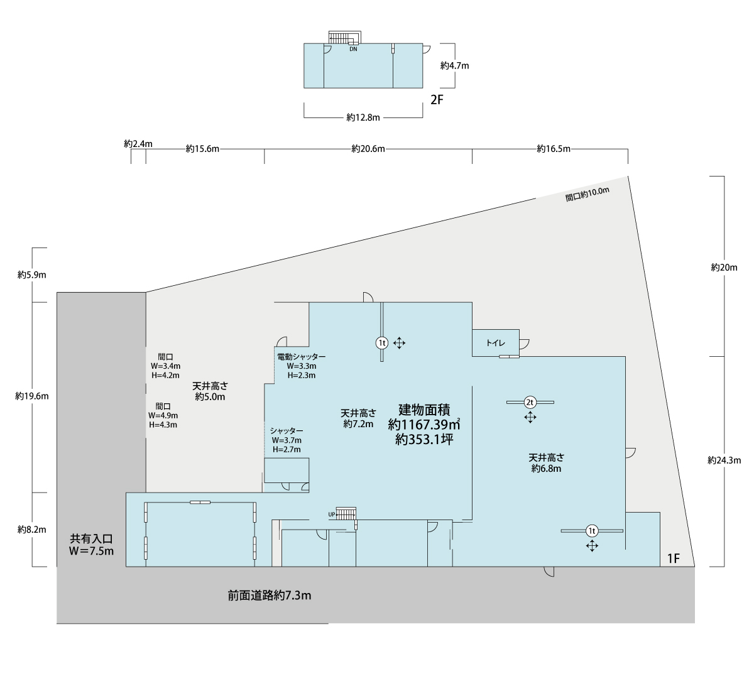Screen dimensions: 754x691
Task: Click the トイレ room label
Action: [x=495, y=343]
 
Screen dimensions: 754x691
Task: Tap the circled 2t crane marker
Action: [x=530, y=402]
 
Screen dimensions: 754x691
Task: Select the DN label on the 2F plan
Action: [x=353, y=49]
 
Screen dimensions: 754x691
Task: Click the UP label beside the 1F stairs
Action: [x=332, y=514]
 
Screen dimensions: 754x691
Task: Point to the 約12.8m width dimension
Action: [x=363, y=117]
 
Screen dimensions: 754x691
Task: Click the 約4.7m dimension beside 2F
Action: [x=454, y=66]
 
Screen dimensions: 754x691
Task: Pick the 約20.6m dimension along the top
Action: [x=368, y=149]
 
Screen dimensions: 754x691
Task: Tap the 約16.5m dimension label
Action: [x=554, y=149]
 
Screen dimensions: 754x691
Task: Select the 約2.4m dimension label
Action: [x=138, y=144]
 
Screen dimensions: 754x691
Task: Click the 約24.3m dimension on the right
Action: [x=724, y=460]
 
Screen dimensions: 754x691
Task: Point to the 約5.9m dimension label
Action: [x=31, y=275]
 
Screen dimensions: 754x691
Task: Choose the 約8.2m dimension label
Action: [x=31, y=530]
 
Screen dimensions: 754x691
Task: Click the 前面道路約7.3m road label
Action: [x=269, y=596]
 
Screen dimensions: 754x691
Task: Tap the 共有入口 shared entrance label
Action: [x=91, y=539]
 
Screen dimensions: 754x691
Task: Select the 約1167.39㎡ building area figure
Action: [x=424, y=425]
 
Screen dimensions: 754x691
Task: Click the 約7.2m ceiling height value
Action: [x=358, y=424]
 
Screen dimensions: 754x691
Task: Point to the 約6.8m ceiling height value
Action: [x=546, y=469]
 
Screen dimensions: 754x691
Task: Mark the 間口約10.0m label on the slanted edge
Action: [x=587, y=194]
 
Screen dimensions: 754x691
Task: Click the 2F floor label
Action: [x=437, y=100]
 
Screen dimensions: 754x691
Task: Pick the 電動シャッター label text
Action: [x=302, y=356]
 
